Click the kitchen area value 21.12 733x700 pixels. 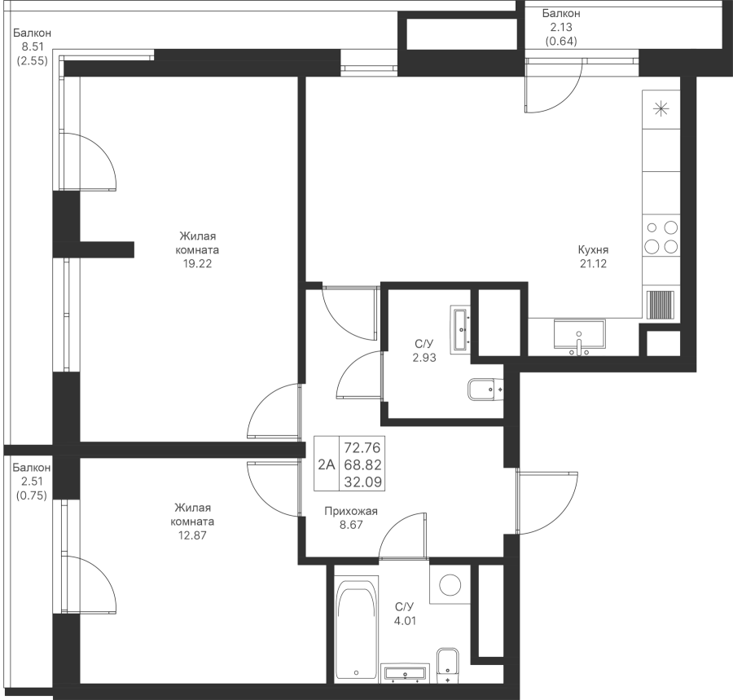pyautogui.click(x=593, y=264)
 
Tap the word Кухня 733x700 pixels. pyautogui.click(x=593, y=249)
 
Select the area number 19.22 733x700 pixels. pyautogui.click(x=197, y=264)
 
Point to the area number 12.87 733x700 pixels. pyautogui.click(x=192, y=535)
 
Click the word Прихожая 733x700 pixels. pyautogui.click(x=350, y=511)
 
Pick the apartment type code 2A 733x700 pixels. pyautogui.click(x=327, y=464)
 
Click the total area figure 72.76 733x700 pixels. pyautogui.click(x=362, y=447)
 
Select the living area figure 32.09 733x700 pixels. pyautogui.click(x=362, y=482)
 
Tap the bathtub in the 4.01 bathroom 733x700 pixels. pyautogui.click(x=357, y=627)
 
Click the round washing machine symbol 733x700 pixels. pyautogui.click(x=450, y=584)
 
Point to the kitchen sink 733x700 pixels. pyautogui.click(x=579, y=335)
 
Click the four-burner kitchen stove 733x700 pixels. pyautogui.click(x=661, y=237)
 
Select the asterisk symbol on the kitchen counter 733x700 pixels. pyautogui.click(x=661, y=109)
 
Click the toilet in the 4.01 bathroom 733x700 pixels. pyautogui.click(x=448, y=664)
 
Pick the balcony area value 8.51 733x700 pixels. pyautogui.click(x=33, y=46)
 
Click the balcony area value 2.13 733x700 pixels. pyautogui.click(x=561, y=27)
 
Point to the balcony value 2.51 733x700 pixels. pyautogui.click(x=32, y=481)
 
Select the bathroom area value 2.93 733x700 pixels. pyautogui.click(x=424, y=359)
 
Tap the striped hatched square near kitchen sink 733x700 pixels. pyautogui.click(x=661, y=305)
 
